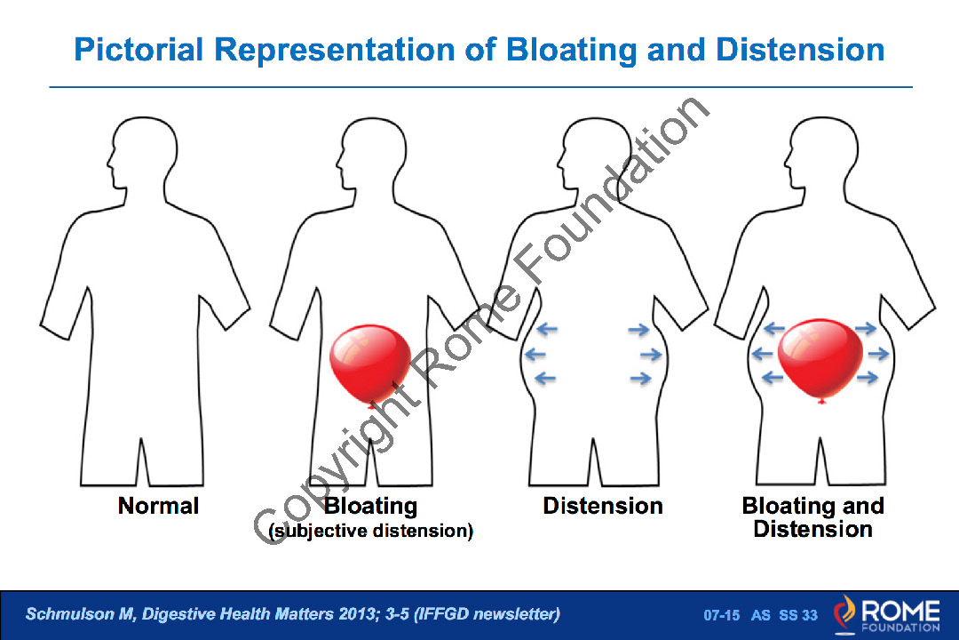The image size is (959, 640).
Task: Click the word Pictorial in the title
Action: click(x=139, y=49)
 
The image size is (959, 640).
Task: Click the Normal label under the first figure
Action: click(x=158, y=507)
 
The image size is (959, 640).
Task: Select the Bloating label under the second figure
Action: click(x=370, y=507)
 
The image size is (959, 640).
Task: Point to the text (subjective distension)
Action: click(x=370, y=532)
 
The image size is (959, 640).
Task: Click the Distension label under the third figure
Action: click(x=603, y=507)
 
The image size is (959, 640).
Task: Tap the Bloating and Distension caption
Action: click(x=812, y=517)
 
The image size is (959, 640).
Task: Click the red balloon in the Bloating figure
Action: click(x=369, y=361)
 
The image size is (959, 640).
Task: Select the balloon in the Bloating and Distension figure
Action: click(x=820, y=356)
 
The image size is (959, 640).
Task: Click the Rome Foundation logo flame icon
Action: click(x=844, y=613)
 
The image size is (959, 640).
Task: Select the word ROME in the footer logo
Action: click(x=900, y=610)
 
